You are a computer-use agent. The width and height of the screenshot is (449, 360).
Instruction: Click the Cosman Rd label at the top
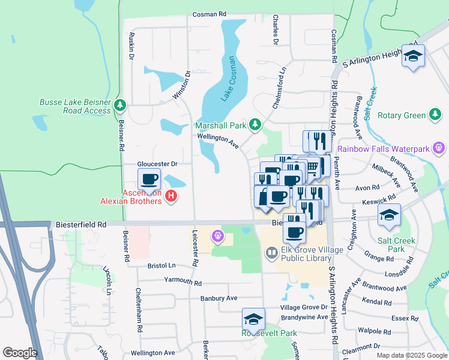pyautogui.click(x=209, y=14)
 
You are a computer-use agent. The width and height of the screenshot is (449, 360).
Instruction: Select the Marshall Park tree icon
pyautogui.click(x=256, y=124)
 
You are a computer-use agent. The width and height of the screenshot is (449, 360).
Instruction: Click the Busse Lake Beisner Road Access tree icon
pyautogui.click(x=121, y=106)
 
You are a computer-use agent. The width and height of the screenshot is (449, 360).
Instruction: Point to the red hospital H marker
pyautogui.click(x=171, y=196)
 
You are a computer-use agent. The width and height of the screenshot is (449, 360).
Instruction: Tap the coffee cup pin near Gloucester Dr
pyautogui.click(x=149, y=179)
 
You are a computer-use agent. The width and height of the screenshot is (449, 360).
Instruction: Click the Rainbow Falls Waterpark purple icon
pyautogui.click(x=439, y=148)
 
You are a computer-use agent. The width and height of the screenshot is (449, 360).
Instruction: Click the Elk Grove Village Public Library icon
pyautogui.click(x=271, y=254)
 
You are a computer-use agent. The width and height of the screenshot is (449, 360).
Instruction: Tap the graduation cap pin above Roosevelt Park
pyautogui.click(x=253, y=319)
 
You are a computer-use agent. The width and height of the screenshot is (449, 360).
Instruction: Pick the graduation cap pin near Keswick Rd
pyautogui.click(x=389, y=214)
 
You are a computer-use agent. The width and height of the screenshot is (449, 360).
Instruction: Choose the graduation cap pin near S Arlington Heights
pyautogui.click(x=412, y=56)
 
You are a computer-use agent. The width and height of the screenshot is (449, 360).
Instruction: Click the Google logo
pyautogui.click(x=20, y=353)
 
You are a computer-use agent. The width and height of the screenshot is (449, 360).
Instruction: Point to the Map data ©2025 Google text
pyautogui.click(x=412, y=355)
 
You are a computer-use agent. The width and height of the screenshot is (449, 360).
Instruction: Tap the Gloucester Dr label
pyautogui.click(x=158, y=163)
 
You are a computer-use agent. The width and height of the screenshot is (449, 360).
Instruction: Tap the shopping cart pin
pyautogui.click(x=313, y=166)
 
